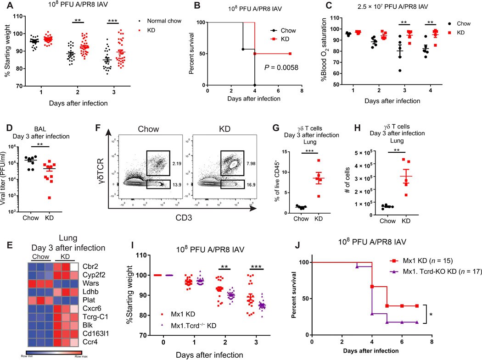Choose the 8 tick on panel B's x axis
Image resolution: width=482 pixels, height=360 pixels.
click(x=302, y=90)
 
